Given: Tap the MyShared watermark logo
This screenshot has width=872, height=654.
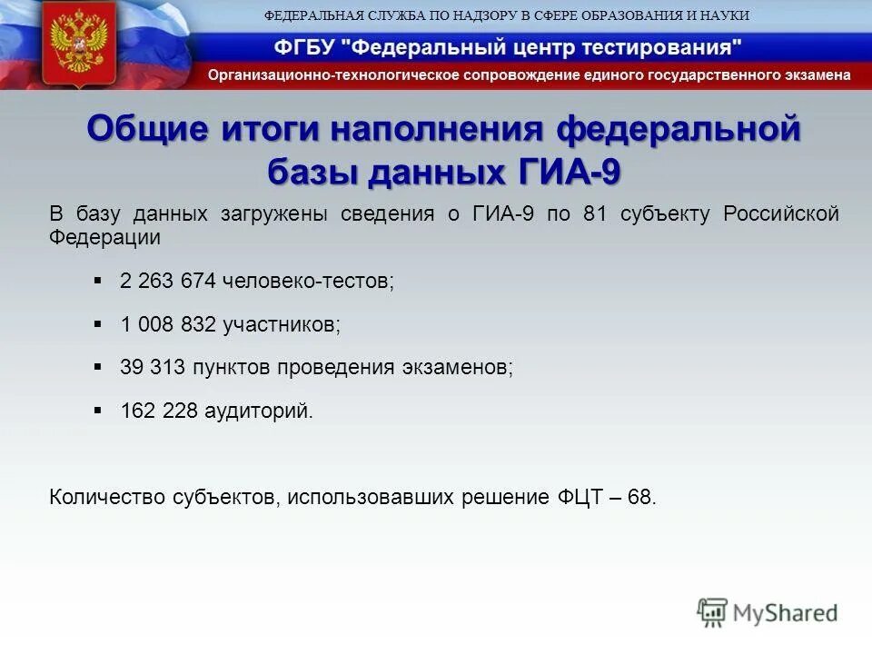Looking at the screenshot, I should (x=768, y=612).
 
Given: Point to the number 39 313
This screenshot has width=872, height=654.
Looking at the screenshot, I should (x=153, y=368).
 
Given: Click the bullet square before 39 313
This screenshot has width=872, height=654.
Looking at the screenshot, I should (x=98, y=367).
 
